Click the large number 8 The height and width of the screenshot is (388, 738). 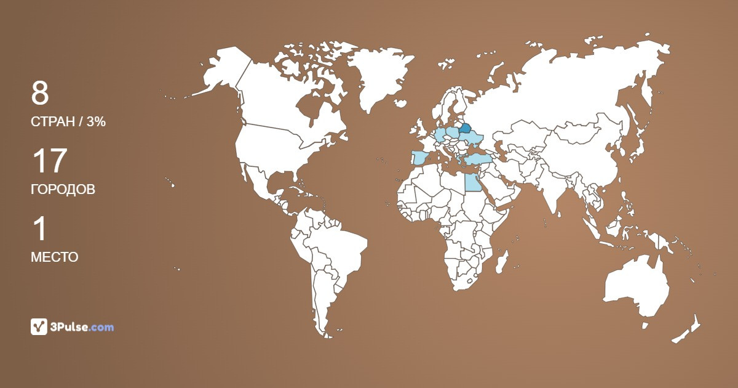point(40,94)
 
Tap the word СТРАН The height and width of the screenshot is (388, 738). point(51,122)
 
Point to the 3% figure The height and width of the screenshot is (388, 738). point(96,122)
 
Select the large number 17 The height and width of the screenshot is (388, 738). point(49,161)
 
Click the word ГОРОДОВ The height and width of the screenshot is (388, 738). point(63,190)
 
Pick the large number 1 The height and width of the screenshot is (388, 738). point(39,229)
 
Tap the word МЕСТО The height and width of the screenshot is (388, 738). point(54,257)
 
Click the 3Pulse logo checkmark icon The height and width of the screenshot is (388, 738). point(39,326)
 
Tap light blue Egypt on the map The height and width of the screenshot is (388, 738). point(472,182)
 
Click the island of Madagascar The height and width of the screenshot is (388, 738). point(502,261)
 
